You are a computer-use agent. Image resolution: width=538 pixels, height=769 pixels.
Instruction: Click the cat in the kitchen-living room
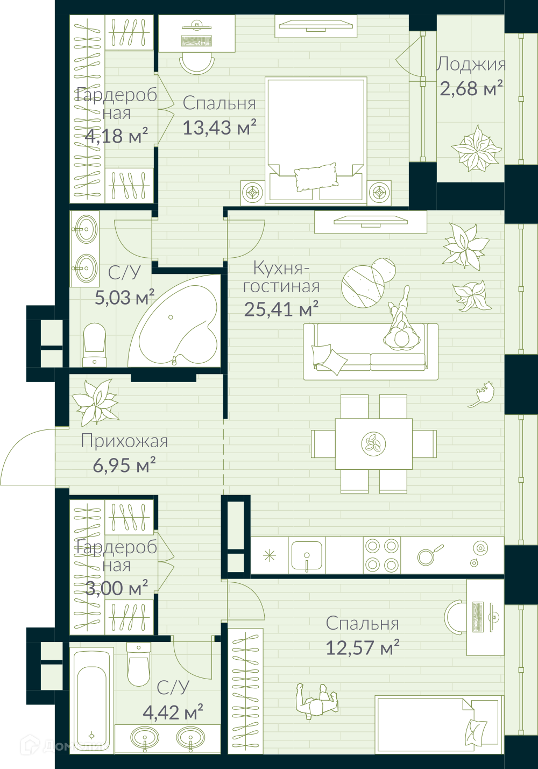point(482,394)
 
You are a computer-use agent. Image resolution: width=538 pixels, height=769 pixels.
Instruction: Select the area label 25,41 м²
point(281,309)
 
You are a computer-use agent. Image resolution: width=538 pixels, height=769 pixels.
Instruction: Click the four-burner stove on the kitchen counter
point(381,555)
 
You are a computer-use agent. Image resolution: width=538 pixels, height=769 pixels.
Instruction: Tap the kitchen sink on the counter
point(307,556)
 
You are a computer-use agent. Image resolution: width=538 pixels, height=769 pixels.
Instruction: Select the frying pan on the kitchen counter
point(430,555)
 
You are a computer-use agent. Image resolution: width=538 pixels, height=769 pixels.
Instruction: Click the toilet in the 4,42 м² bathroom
point(139,664)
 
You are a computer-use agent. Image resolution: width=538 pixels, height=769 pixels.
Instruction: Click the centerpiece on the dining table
point(374,443)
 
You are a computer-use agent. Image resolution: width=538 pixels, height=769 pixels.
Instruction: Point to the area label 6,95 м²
point(124,465)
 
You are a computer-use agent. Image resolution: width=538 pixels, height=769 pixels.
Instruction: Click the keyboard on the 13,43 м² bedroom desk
point(196,41)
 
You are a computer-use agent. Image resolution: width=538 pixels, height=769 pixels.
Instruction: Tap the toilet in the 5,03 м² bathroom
point(94,345)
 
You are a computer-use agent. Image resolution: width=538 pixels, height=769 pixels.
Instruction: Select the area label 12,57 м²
point(362,647)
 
